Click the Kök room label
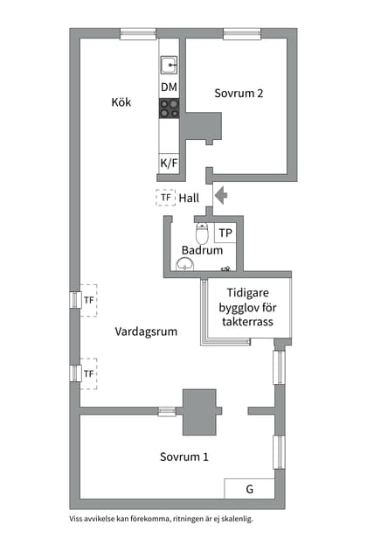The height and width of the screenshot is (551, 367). tap(121, 102)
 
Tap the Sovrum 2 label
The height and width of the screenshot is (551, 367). tap(239, 94)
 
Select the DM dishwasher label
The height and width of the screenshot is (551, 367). tap(169, 87)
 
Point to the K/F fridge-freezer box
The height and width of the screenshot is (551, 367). tap(169, 164)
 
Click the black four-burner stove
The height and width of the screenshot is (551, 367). tap(169, 108)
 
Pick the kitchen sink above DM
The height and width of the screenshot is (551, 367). tap(169, 63)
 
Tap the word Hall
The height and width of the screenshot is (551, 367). tap(189, 199)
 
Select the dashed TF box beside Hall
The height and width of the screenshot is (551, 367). tap(165, 199)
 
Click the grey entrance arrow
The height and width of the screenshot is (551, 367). tap(221, 195)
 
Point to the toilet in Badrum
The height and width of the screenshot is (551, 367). tap(202, 234)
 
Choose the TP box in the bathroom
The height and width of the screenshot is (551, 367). tap(225, 234)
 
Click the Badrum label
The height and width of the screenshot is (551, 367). tap(202, 251)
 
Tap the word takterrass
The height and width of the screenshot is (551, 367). tap(248, 323)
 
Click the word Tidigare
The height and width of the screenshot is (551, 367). tap(248, 294)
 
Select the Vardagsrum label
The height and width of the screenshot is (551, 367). tap(145, 331)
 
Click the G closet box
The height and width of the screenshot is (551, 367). tap(249, 489)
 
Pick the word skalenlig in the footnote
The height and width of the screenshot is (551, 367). tap(239, 519)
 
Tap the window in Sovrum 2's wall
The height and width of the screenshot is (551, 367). tap(241, 34)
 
